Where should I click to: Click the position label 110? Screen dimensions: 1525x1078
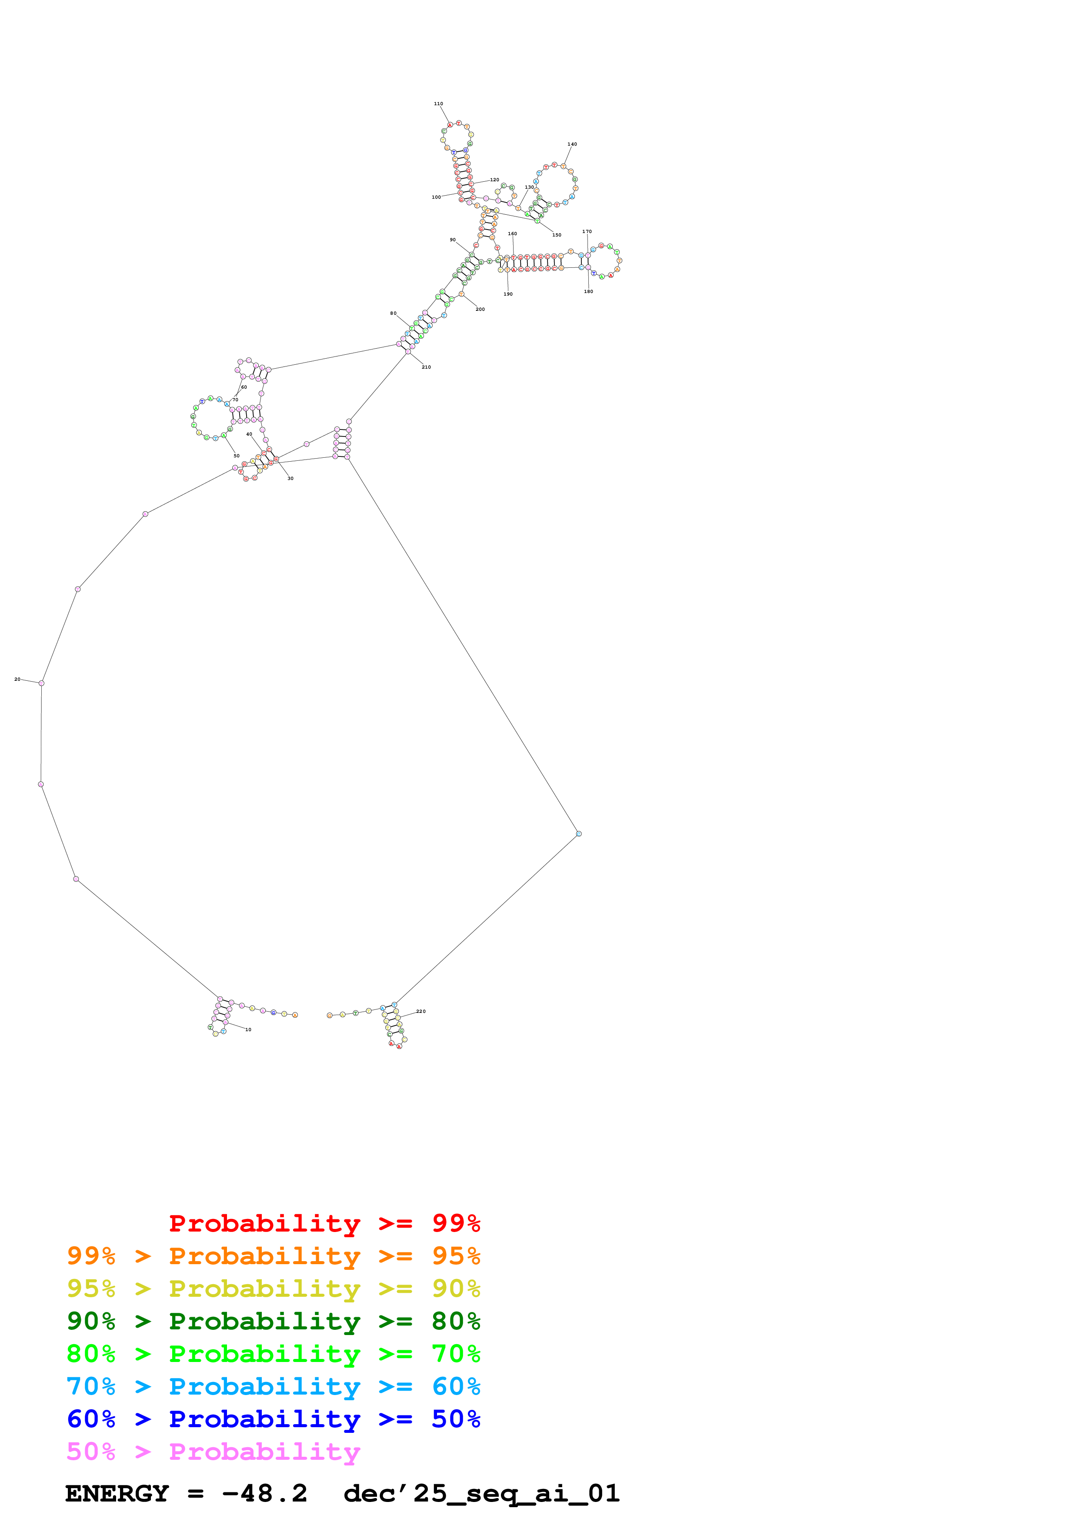click(438, 103)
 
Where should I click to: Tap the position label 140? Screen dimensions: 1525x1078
click(572, 144)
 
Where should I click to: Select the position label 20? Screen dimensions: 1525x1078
click(17, 679)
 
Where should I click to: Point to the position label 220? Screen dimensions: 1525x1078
click(421, 1012)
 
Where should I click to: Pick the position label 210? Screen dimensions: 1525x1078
click(427, 367)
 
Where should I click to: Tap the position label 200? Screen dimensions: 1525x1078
click(480, 310)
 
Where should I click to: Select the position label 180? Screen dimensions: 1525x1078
click(588, 292)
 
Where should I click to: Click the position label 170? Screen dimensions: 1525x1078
click(587, 232)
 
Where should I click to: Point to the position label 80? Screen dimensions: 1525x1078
click(393, 313)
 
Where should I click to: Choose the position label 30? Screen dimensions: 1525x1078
click(290, 478)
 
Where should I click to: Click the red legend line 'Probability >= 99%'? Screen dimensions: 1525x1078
click(324, 1223)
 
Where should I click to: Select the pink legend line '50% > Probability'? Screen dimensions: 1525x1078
click(213, 1452)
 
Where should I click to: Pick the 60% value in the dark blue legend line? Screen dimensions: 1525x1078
click(91, 1419)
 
